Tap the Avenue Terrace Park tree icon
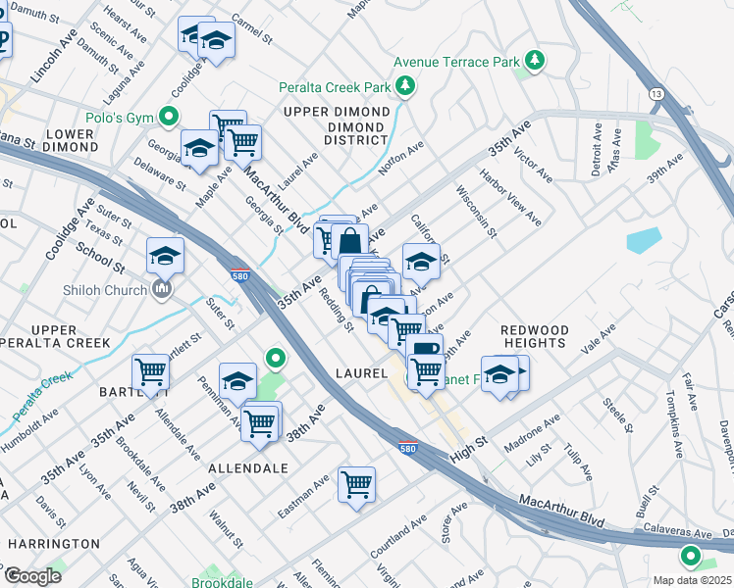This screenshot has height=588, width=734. click(x=535, y=62)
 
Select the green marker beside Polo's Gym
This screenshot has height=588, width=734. click(x=170, y=118)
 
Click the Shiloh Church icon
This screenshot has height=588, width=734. click(x=163, y=289)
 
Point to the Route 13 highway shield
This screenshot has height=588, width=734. click(x=654, y=92)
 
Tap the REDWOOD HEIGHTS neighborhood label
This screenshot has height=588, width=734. click(x=534, y=336)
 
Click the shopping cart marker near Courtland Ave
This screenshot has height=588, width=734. click(x=356, y=482)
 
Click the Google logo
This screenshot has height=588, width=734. click(x=32, y=575)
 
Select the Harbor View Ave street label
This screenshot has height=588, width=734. click(x=510, y=197)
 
